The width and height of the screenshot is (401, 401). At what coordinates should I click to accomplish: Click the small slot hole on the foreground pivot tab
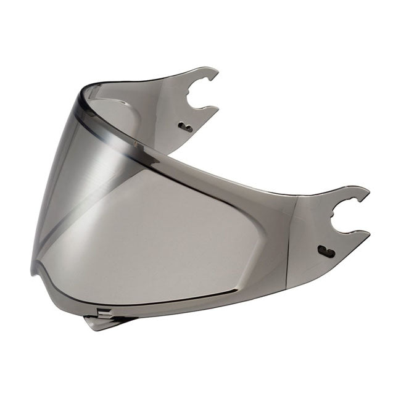click(326, 252)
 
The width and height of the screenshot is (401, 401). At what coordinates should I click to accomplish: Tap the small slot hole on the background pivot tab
click(184, 127)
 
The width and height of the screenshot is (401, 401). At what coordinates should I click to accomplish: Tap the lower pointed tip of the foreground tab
click(368, 233)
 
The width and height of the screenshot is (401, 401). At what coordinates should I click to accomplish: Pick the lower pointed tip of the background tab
click(217, 108)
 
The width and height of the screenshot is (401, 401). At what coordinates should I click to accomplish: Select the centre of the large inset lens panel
click(167, 241)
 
